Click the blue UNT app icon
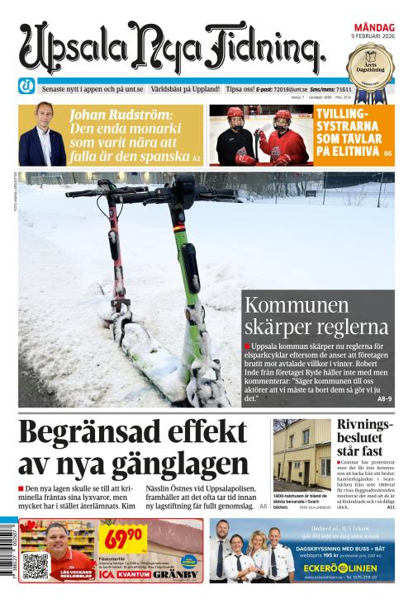click(26, 87)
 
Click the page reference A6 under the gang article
click(263, 506)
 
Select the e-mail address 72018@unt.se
click(294, 88)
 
